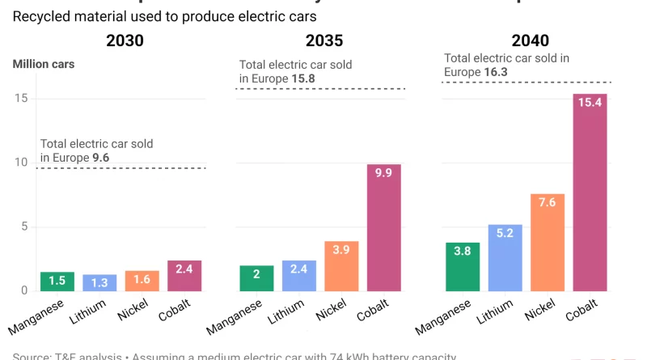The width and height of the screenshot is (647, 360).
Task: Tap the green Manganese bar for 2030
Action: pyautogui.click(x=57, y=281)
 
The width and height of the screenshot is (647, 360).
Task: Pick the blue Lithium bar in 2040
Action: pyautogui.click(x=505, y=257)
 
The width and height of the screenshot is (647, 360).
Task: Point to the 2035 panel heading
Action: pyautogui.click(x=323, y=40)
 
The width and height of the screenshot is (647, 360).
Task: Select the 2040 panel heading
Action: pyautogui.click(x=530, y=40)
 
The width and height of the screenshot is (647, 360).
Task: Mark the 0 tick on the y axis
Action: pyautogui.click(x=24, y=290)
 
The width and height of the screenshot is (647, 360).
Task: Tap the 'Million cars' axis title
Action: pyautogui.click(x=44, y=64)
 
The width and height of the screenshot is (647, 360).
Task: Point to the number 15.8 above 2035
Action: pyautogui.click(x=303, y=78)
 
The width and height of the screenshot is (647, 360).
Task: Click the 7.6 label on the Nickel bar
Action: pyautogui.click(x=548, y=202)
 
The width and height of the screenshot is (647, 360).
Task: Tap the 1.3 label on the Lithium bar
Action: pyautogui.click(x=99, y=282)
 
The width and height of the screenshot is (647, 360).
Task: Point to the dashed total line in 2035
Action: pyautogui.click(x=323, y=88)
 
